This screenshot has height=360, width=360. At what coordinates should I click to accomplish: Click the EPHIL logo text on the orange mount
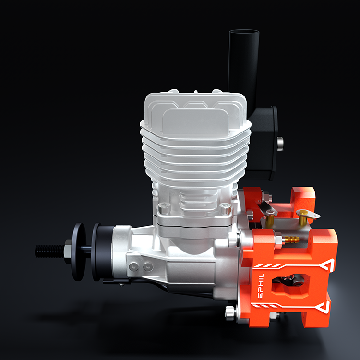point(261,286)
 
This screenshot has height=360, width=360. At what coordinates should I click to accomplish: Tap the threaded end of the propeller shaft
point(49,251)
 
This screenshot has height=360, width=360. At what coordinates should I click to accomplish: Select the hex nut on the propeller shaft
point(68,251)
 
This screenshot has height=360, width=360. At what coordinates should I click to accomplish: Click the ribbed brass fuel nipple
point(292,240)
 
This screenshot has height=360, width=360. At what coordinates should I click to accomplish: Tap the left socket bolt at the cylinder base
point(164,208)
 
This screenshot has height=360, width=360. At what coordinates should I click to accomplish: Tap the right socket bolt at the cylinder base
point(226,209)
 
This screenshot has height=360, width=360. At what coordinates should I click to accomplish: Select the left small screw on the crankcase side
point(133,267)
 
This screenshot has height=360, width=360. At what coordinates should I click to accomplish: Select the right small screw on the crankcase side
point(148,267)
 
